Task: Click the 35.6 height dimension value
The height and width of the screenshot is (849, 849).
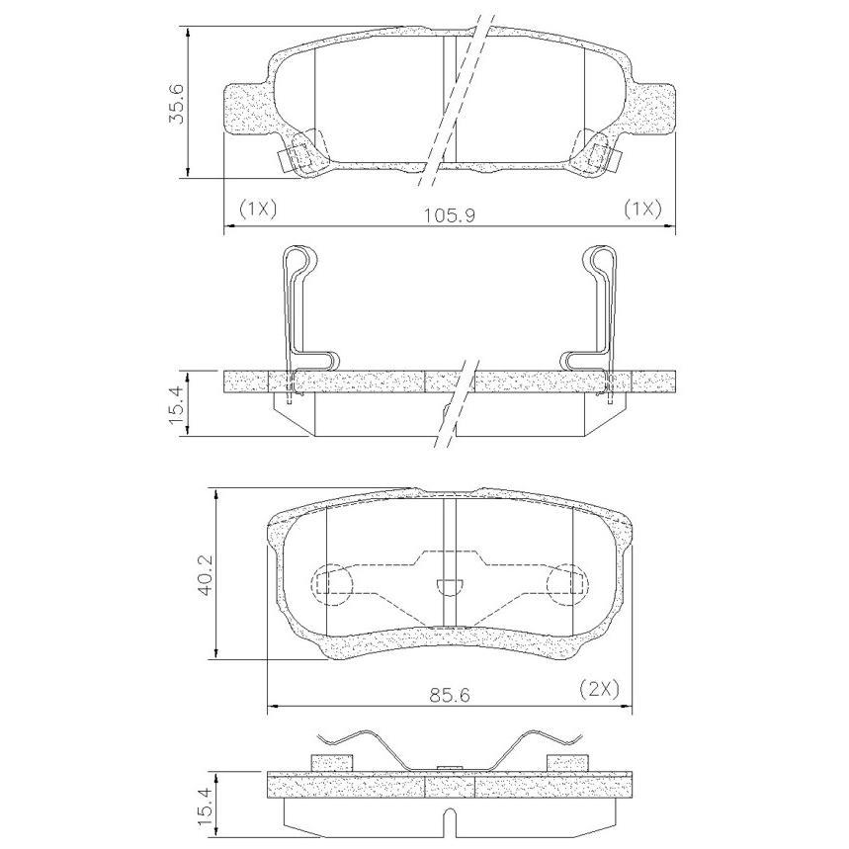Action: (179, 104)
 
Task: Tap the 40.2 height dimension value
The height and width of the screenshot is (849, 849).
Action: (207, 574)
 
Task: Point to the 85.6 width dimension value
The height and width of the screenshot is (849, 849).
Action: (449, 695)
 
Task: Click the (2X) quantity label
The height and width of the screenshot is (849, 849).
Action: (599, 689)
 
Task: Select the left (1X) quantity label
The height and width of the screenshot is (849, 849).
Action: (258, 208)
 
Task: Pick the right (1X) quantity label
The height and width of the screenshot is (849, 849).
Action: (642, 208)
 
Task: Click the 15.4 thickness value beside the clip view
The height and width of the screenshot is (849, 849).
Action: (179, 404)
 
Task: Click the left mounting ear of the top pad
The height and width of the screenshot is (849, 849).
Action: (246, 109)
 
